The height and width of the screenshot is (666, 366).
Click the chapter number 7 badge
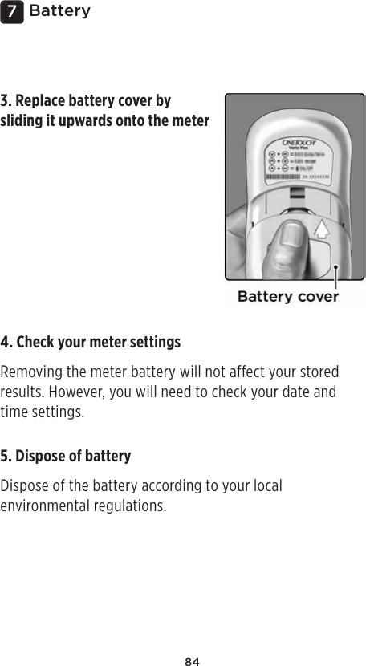pos(11,11)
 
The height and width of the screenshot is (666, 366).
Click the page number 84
pos(192,661)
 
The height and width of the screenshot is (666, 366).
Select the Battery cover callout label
pos(287,296)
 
